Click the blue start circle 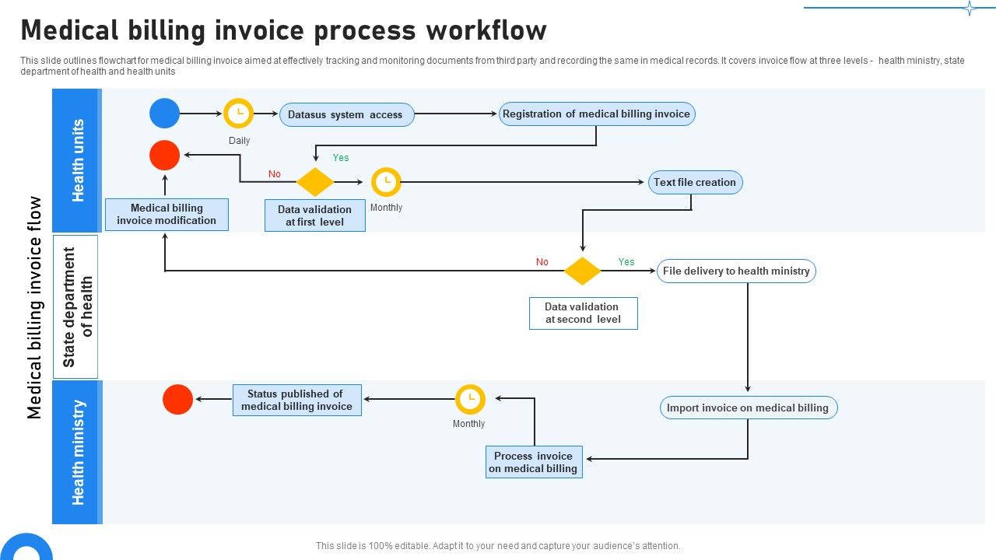(x=164, y=114)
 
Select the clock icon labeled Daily (x=238, y=114)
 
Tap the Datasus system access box (x=346, y=114)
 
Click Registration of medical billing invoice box (x=596, y=114)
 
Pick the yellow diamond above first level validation (x=315, y=182)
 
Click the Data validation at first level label (x=314, y=215)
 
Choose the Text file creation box (x=695, y=182)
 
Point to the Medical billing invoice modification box (x=167, y=214)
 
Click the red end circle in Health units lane (x=164, y=156)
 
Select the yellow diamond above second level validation (x=582, y=271)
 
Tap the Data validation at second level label (x=583, y=313)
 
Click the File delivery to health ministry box (x=736, y=271)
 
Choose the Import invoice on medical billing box (x=748, y=408)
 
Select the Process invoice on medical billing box (x=534, y=462)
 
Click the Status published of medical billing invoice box (x=296, y=400)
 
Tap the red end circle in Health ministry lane (x=177, y=400)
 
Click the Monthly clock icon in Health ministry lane (x=470, y=399)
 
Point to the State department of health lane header (x=75, y=306)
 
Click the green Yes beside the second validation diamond (x=626, y=262)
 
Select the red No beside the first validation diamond (x=275, y=174)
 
